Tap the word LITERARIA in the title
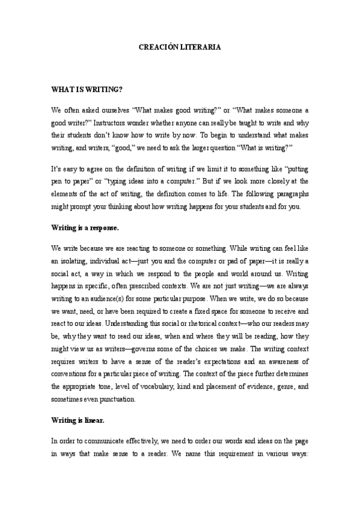tap(203, 46)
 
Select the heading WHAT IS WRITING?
tap(87, 90)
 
